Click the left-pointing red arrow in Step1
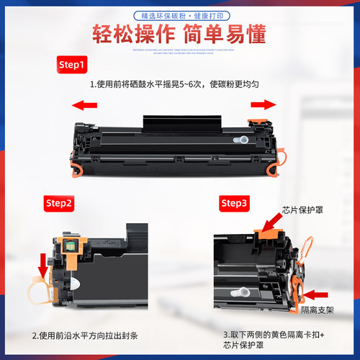[x=84, y=105]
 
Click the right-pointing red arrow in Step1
[x=264, y=104]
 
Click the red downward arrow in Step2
[x=44, y=264]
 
